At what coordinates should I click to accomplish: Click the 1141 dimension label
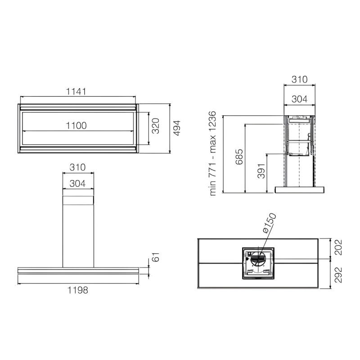point(76,91)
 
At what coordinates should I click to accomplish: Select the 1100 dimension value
point(76,126)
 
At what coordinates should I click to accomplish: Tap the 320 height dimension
point(156,126)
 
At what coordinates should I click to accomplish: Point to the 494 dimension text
point(177,128)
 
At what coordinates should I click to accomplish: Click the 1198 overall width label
point(77,290)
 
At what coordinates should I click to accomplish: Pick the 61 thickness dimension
point(156,257)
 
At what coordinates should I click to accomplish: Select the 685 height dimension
point(239,157)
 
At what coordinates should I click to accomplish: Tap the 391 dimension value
point(261,171)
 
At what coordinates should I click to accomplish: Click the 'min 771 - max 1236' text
point(212,153)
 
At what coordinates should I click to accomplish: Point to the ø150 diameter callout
point(269,223)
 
